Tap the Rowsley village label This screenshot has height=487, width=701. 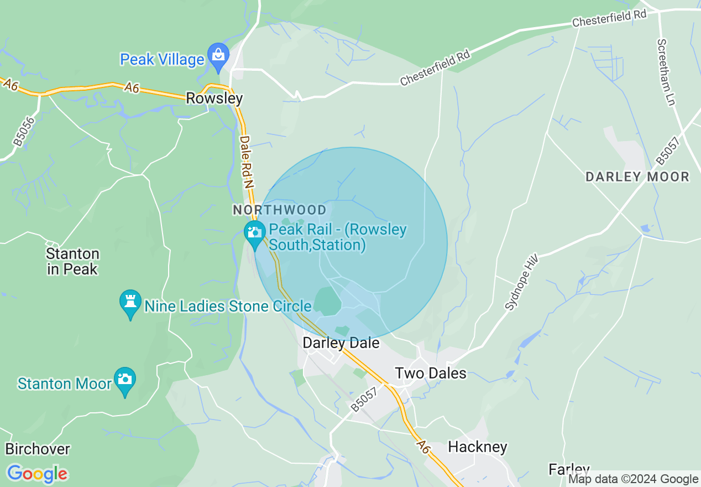click(214, 99)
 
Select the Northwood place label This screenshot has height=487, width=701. click(280, 210)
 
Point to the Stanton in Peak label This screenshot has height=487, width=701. click(72, 262)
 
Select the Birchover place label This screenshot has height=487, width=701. click(37, 448)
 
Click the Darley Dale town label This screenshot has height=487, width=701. click(341, 343)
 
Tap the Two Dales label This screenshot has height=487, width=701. click(431, 373)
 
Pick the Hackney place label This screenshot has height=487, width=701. click(478, 447)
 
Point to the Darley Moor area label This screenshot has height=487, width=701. click(637, 177)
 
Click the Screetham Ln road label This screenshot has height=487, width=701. click(666, 72)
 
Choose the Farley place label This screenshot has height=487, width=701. click(569, 470)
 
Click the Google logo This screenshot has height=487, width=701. click(37, 474)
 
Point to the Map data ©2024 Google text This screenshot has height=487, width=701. click(634, 479)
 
